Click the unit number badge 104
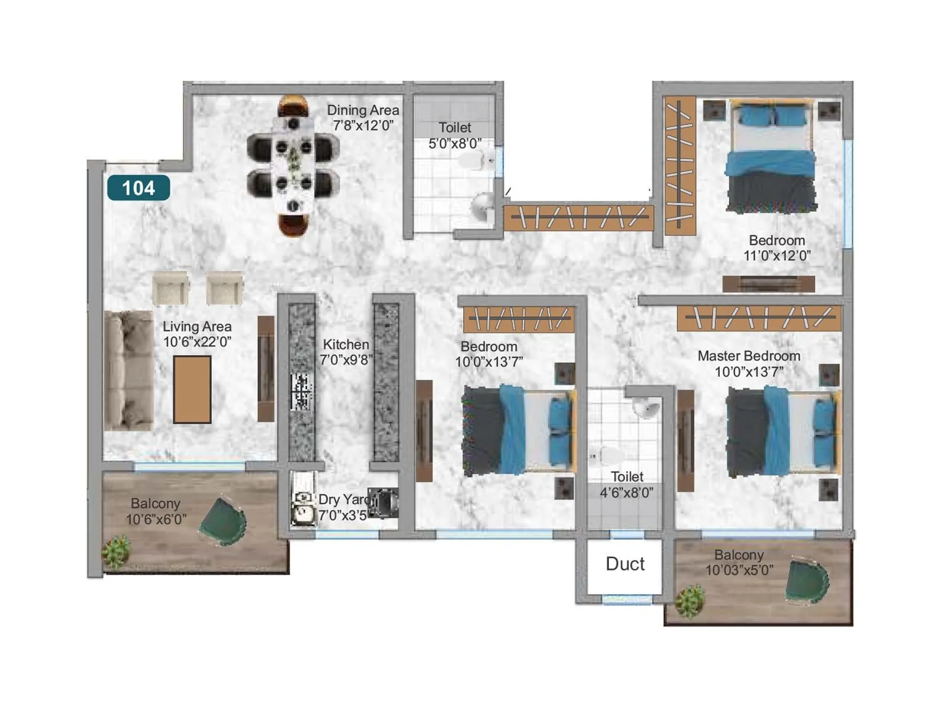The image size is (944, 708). point(139,188)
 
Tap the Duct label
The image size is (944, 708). point(625,564)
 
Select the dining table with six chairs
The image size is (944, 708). point(293,165)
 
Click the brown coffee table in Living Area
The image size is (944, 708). point(192,389)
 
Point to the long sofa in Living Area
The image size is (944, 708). point(127,371)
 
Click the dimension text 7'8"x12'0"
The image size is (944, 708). point(363,125)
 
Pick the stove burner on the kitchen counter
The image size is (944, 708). point(301,392)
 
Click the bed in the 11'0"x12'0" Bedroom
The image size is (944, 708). point(771,156)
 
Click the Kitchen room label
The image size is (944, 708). point(346,345)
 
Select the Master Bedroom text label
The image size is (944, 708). point(749,356)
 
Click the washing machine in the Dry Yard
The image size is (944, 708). point(383,503)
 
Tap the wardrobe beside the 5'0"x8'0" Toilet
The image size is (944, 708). point(578,218)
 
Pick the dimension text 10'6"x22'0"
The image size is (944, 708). point(197,342)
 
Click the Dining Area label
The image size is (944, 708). point(363,110)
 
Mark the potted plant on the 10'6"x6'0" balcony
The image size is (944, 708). point(116,552)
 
